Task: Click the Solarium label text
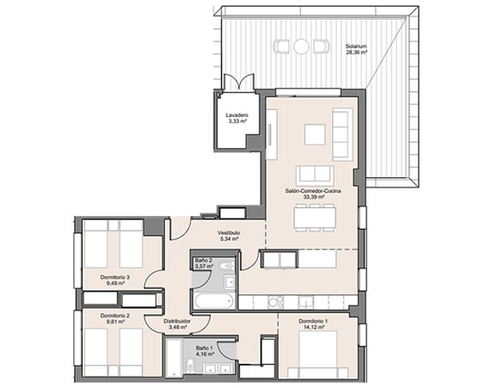(x=356, y=46)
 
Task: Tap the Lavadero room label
(x=237, y=115)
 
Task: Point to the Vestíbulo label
(x=229, y=233)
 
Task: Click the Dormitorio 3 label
(x=115, y=277)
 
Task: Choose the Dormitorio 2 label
(x=115, y=316)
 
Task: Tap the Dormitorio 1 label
(x=313, y=321)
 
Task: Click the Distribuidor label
(x=177, y=321)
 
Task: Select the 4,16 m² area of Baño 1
(x=205, y=354)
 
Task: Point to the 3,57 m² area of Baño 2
(x=204, y=267)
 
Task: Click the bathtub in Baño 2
(x=214, y=301)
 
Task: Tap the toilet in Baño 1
(x=190, y=366)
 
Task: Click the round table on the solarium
(x=301, y=46)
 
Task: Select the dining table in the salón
(x=315, y=218)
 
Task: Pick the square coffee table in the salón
(x=315, y=134)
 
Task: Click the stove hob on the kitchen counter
(x=276, y=303)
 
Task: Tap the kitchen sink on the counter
(x=305, y=303)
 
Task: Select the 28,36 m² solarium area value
(x=356, y=52)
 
